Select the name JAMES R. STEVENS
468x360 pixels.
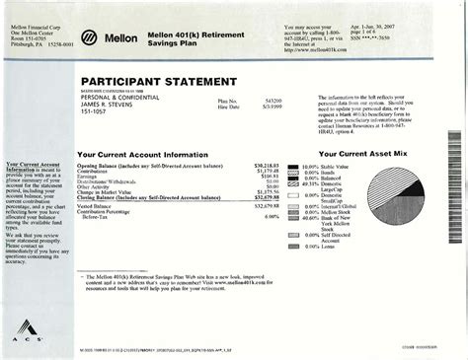pyautogui.click(x=107, y=111)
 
